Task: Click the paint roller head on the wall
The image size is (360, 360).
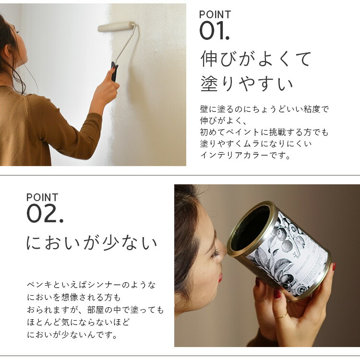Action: [x=116, y=26]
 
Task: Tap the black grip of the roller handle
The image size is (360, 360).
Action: [x=114, y=72]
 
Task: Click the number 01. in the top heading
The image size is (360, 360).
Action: [x=215, y=31]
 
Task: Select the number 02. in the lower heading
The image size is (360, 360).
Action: [x=45, y=214]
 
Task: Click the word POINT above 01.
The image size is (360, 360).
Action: [x=215, y=15]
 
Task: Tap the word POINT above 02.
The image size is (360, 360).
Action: [x=42, y=197]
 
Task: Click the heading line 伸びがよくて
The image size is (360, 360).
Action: [x=256, y=59]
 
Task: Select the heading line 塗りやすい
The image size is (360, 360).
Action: [x=247, y=84]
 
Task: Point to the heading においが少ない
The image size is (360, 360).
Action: [x=92, y=243]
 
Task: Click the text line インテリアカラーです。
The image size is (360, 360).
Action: [x=245, y=156]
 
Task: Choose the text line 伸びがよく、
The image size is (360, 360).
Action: [x=223, y=120]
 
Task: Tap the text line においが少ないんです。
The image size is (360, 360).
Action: [x=72, y=335]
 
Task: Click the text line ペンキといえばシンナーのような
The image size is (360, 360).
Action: [x=91, y=285]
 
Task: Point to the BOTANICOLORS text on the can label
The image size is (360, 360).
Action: [x=302, y=264]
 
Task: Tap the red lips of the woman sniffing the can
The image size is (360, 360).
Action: [x=220, y=277]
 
